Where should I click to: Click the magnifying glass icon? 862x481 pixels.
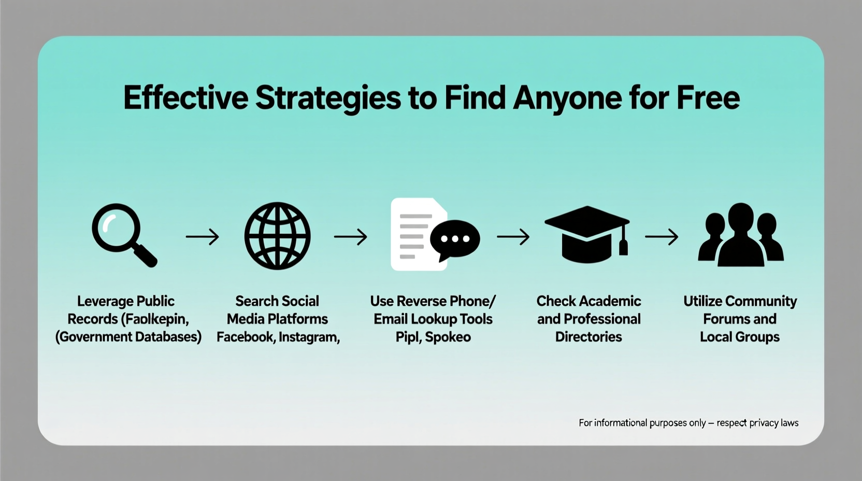coord(123,235)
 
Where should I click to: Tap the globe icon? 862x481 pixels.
coord(277,236)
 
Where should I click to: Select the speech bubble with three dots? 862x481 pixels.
coord(455,239)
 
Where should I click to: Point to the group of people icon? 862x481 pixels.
coord(740,236)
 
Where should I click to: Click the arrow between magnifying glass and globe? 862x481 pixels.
coord(202,237)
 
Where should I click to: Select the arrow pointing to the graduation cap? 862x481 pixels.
coord(513,237)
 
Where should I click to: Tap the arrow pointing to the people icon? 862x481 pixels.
coord(662,237)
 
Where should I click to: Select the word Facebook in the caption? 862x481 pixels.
coord(245,337)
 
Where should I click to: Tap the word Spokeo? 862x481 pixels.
coord(449,337)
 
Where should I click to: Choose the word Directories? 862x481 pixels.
coord(588,337)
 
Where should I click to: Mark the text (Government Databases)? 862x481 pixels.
coord(128,337)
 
